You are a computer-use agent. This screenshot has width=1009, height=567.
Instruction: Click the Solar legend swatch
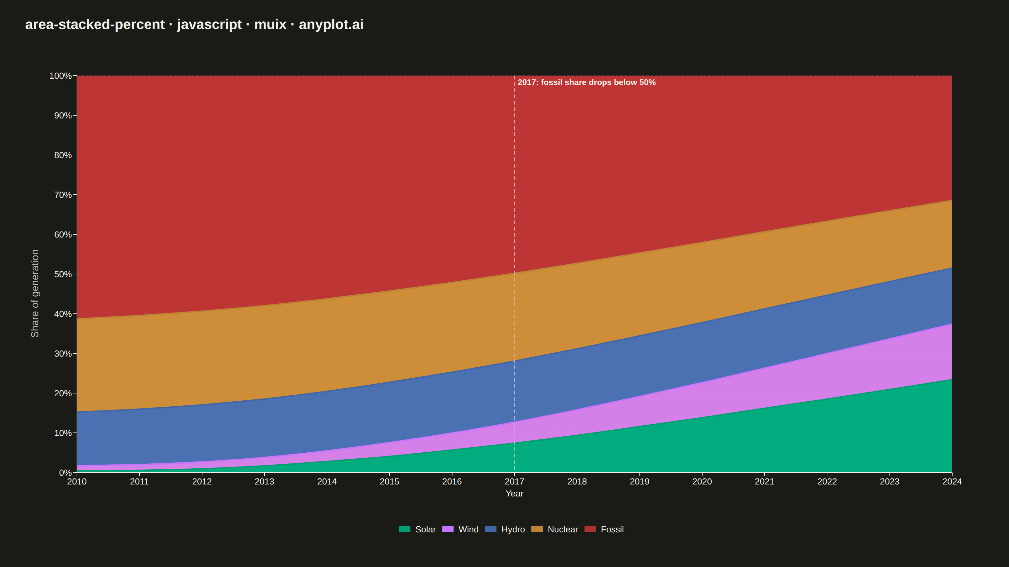[405, 530]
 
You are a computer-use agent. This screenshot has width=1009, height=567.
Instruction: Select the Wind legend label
[469, 530]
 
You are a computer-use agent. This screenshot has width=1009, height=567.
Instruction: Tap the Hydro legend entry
[505, 530]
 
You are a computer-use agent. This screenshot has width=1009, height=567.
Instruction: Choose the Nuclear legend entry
[555, 530]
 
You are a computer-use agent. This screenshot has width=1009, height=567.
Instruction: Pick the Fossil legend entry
[604, 530]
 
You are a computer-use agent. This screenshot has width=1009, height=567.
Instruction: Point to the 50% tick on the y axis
[75, 274]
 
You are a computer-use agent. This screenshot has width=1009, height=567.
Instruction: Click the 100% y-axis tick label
[60, 76]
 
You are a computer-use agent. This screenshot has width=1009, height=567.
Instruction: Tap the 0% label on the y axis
[65, 473]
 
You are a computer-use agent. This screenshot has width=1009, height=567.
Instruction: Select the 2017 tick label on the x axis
[514, 482]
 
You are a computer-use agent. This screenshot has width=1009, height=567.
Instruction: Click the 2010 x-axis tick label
[77, 482]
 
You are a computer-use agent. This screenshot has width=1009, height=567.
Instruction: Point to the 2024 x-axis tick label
[952, 482]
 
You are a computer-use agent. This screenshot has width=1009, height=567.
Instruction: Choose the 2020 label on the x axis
[702, 482]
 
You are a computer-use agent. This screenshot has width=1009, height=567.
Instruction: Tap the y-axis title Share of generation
[35, 294]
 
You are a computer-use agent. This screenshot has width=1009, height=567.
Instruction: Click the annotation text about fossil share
[586, 83]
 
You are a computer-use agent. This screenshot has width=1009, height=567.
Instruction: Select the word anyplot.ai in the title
[331, 24]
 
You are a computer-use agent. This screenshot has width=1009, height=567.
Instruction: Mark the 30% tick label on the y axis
[63, 354]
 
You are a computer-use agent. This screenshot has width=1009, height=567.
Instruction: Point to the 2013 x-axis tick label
[265, 482]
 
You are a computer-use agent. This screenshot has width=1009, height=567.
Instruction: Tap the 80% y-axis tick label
[63, 155]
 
